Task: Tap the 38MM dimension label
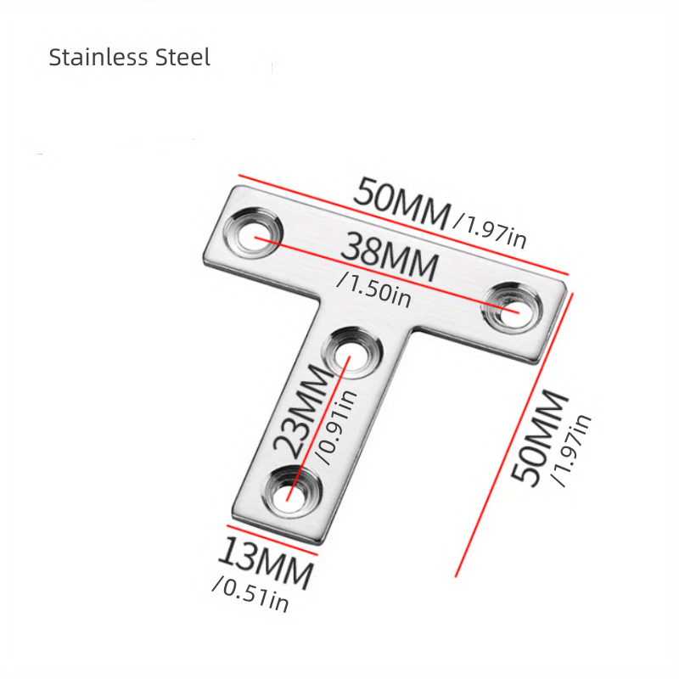pos(390,259)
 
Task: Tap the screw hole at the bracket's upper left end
pos(255,233)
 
